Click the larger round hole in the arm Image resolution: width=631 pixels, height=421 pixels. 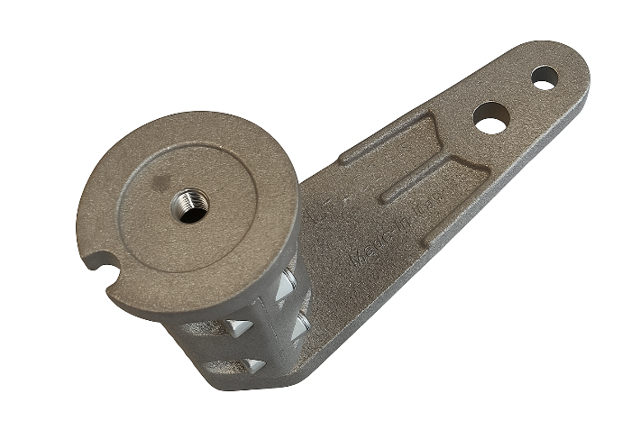click(x=490, y=118)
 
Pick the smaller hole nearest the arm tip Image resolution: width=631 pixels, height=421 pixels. click(x=544, y=78)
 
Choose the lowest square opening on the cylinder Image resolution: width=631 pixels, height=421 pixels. click(x=254, y=365)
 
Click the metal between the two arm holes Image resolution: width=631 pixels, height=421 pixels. click(x=518, y=97)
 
